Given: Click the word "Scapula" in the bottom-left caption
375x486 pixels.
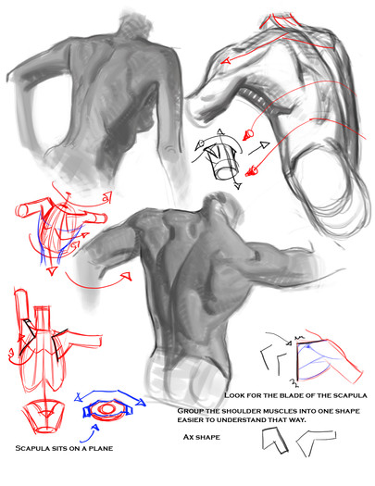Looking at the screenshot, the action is (29, 448).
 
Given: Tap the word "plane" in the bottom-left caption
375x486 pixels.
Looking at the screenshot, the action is (101, 448).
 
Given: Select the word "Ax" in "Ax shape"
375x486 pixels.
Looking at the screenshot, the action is (188, 437).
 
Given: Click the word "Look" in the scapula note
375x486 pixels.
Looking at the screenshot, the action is (234, 395).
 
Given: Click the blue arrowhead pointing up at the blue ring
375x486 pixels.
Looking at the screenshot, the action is (95, 428).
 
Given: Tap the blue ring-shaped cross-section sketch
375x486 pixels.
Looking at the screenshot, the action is (107, 409).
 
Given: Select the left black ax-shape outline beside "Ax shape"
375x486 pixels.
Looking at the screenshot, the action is (274, 440).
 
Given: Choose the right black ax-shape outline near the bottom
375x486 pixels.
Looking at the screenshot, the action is (316, 442).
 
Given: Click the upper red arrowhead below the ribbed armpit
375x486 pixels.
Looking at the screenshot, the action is (248, 134).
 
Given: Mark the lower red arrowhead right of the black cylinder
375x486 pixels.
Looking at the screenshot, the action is (251, 170).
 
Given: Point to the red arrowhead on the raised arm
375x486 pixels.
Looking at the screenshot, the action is (226, 61).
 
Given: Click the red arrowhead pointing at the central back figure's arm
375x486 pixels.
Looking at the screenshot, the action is (127, 276).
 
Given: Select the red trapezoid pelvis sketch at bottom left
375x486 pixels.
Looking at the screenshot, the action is (44, 417).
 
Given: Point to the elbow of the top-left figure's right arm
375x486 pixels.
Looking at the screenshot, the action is (169, 149).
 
